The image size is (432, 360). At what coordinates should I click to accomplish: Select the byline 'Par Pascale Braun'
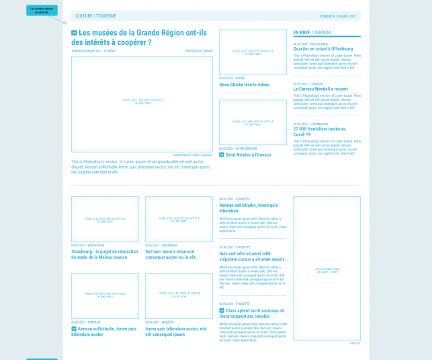pyautogui.click(x=199, y=50)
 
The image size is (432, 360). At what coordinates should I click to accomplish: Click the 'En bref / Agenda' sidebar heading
pyautogui.click(x=312, y=32)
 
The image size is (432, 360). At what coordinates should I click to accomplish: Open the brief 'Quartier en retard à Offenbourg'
pyautogui.click(x=322, y=49)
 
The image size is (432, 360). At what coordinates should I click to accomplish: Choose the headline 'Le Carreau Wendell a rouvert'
pyautogui.click(x=320, y=89)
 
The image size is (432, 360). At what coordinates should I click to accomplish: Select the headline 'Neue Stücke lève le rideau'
pyautogui.click(x=244, y=85)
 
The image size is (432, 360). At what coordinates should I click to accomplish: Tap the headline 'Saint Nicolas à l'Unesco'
pyautogui.click(x=248, y=154)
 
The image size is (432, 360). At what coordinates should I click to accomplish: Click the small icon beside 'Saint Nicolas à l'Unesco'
pyautogui.click(x=221, y=154)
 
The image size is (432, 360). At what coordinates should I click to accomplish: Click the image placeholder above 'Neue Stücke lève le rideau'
pyautogui.click(x=253, y=52)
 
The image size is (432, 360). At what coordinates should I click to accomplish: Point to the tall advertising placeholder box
pyautogui.click(x=327, y=268)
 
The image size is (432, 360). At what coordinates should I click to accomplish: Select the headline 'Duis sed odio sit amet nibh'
pyautogui.click(x=252, y=256)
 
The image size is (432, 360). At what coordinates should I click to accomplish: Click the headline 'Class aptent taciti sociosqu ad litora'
pyautogui.click(x=254, y=314)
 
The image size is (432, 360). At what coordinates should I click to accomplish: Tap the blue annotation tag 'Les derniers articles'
pyautogui.click(x=42, y=9)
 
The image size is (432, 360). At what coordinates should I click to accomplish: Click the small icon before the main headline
pyautogui.click(x=73, y=32)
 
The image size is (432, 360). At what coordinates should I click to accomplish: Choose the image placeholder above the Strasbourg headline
pyautogui.click(x=105, y=219)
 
